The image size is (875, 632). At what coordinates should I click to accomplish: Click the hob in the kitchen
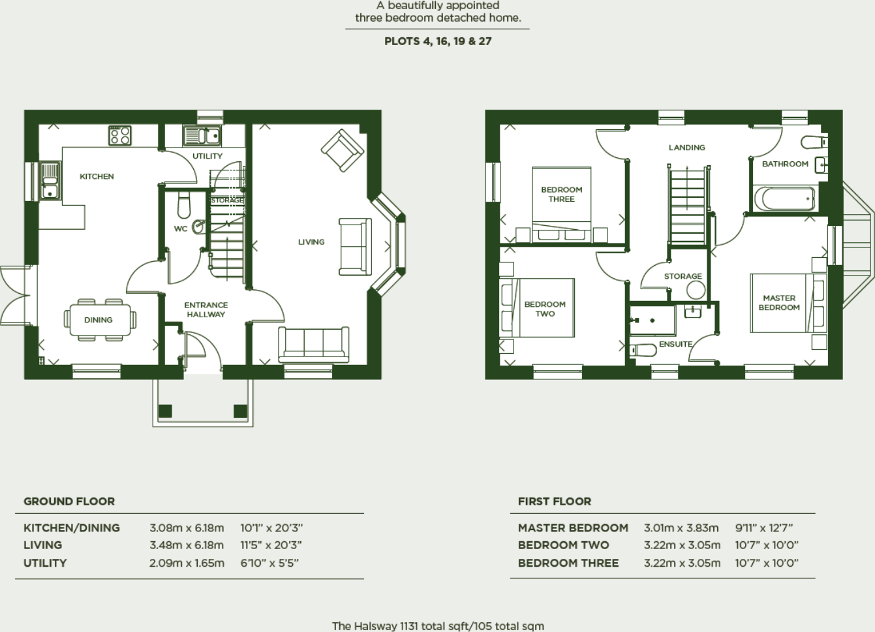coord(120,136)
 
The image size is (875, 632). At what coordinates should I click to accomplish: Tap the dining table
coord(100,320)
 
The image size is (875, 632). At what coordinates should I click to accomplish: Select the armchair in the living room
coord(342,150)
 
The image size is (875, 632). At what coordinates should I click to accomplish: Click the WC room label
coord(181,229)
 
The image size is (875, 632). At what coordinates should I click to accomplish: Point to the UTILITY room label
coord(207,156)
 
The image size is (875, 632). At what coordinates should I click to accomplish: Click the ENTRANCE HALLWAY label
coord(206,309)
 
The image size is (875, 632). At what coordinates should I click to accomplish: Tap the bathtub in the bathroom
coord(785,199)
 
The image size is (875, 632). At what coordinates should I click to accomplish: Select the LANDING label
coord(686,148)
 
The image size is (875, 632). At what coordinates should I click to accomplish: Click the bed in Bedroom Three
coord(561,204)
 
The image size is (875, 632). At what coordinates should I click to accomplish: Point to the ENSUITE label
coord(676,344)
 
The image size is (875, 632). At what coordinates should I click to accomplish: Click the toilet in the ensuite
coord(643,350)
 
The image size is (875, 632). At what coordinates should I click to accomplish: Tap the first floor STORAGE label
coord(683,276)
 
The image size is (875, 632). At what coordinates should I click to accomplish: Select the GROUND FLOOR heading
coord(69,501)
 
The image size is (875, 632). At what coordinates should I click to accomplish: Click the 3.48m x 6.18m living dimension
coord(187,545)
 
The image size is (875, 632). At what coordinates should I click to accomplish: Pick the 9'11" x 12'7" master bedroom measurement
coord(763,528)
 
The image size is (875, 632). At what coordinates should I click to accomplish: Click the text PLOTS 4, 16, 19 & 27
coord(438,41)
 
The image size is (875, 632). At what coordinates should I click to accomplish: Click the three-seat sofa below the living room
coord(314,345)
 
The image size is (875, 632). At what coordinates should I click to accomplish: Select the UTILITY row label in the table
coord(45,563)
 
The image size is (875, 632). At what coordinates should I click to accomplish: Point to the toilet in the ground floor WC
coord(184,204)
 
